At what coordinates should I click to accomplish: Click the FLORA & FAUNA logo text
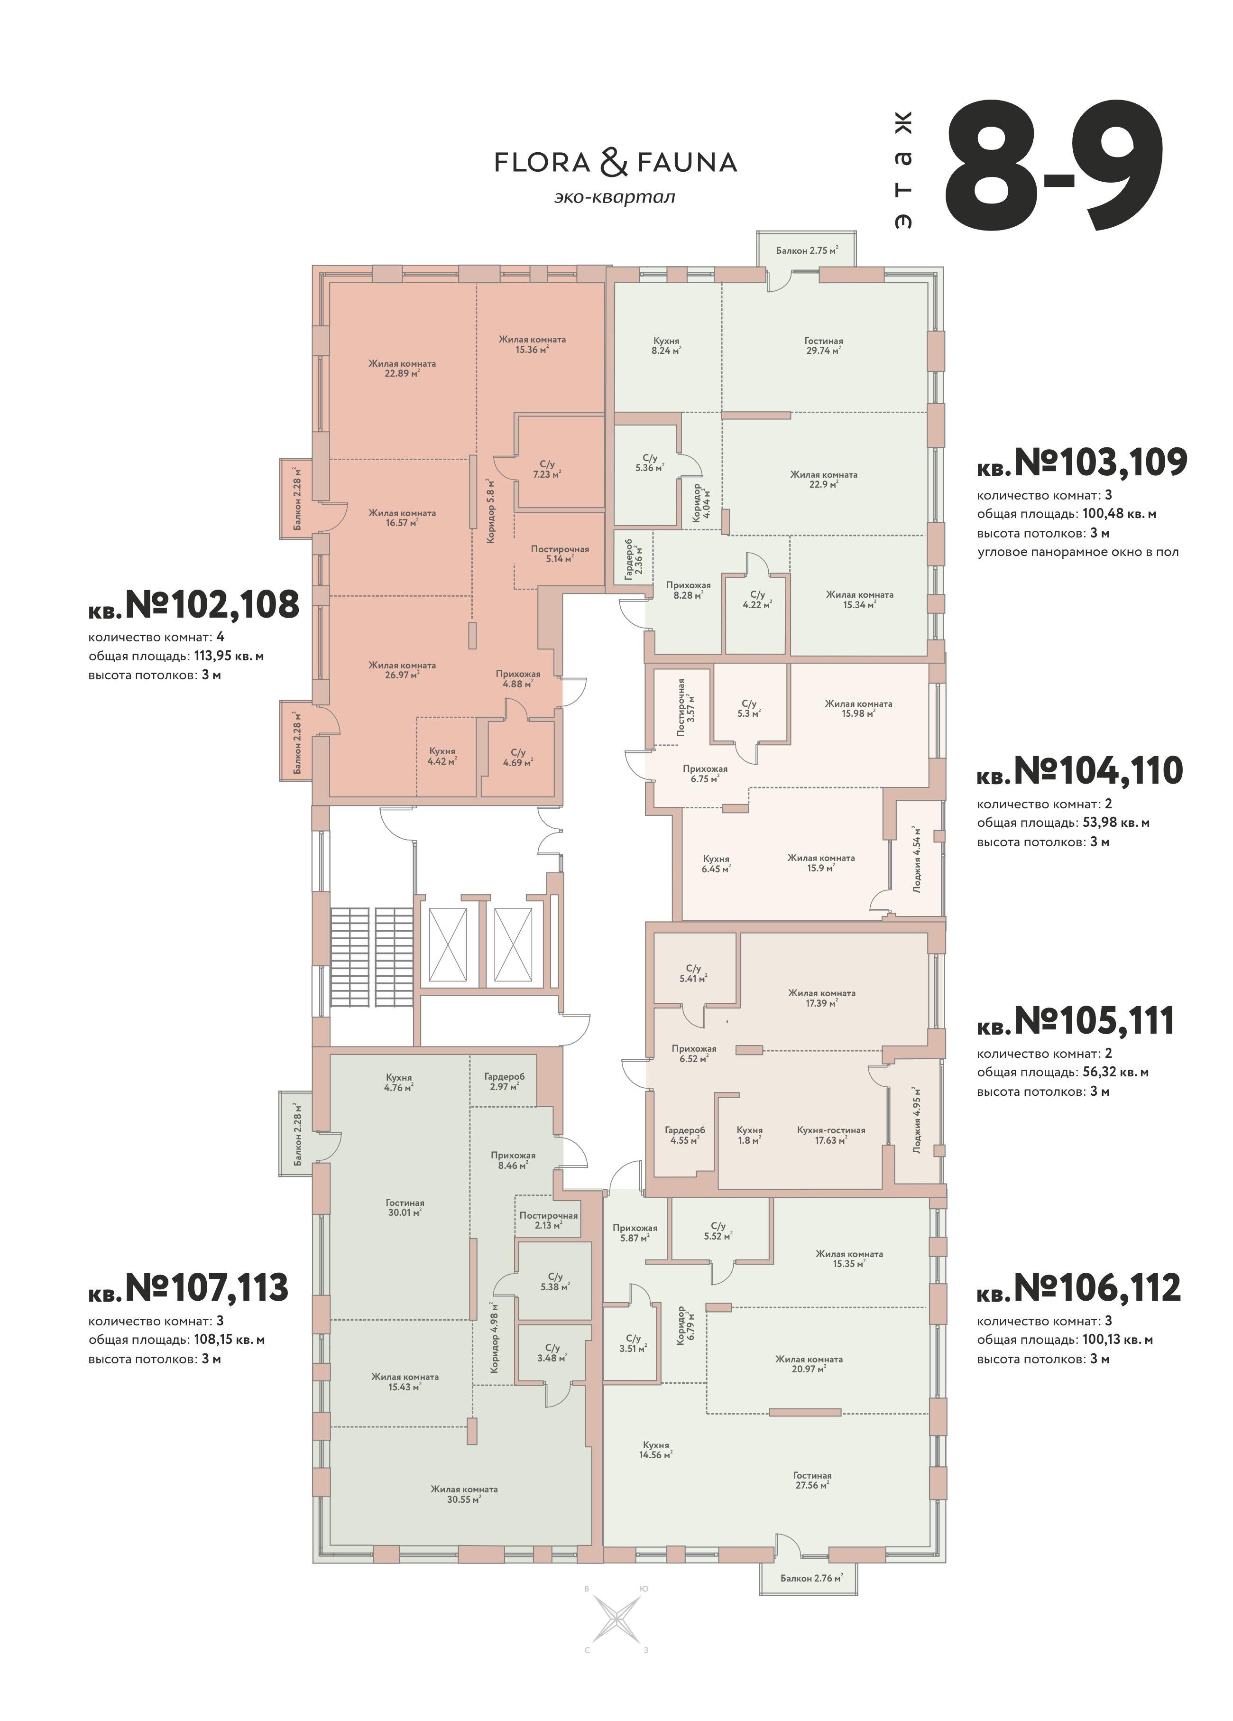point(616,162)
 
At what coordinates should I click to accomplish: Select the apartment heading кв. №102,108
point(193,605)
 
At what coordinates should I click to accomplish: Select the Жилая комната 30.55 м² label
point(464,1494)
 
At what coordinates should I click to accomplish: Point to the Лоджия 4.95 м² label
point(917,1119)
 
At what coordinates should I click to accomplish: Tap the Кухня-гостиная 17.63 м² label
point(831,1134)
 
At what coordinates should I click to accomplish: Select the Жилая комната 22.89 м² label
point(402,368)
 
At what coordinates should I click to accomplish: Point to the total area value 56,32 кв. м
point(1113,1072)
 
